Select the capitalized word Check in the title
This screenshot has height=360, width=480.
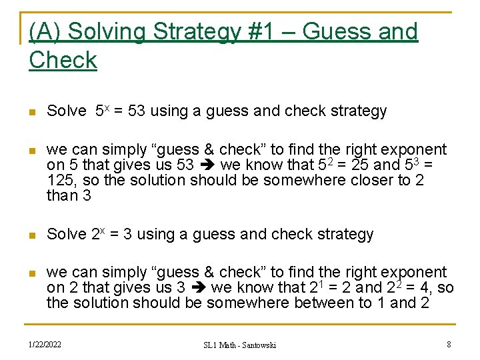[63, 60]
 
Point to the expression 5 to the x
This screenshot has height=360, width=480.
[101, 111]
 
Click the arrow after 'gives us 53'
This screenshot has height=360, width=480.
[207, 165]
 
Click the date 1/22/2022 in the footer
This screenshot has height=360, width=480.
[45, 344]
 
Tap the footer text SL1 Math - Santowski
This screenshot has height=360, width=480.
[239, 345]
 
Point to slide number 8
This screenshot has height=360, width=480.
[449, 344]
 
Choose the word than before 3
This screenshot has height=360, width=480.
[62, 195]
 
